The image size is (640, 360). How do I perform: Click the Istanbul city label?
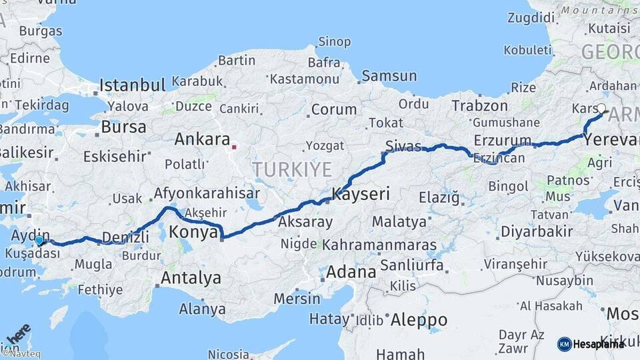(x=132, y=85)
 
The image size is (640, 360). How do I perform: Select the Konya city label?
(x=193, y=232)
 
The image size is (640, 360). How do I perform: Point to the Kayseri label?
(x=360, y=195)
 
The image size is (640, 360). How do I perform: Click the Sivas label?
(x=404, y=145)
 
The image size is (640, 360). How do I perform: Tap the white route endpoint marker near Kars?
(x=601, y=108)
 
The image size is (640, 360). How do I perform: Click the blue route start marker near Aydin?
(x=39, y=240)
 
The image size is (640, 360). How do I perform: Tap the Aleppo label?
(x=418, y=320)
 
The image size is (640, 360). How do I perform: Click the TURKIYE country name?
(x=292, y=170)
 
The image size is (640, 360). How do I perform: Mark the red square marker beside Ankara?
(x=234, y=145)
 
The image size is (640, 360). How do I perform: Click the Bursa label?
(x=123, y=127)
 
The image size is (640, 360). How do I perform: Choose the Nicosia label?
(x=229, y=354)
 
